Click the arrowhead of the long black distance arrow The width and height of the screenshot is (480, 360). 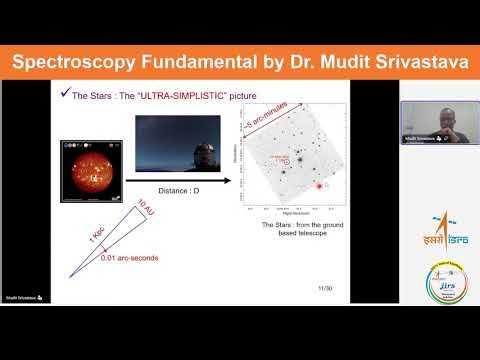point(228,181)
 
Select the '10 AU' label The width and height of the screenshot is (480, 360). point(144,213)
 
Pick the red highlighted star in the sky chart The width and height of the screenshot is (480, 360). point(319,187)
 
